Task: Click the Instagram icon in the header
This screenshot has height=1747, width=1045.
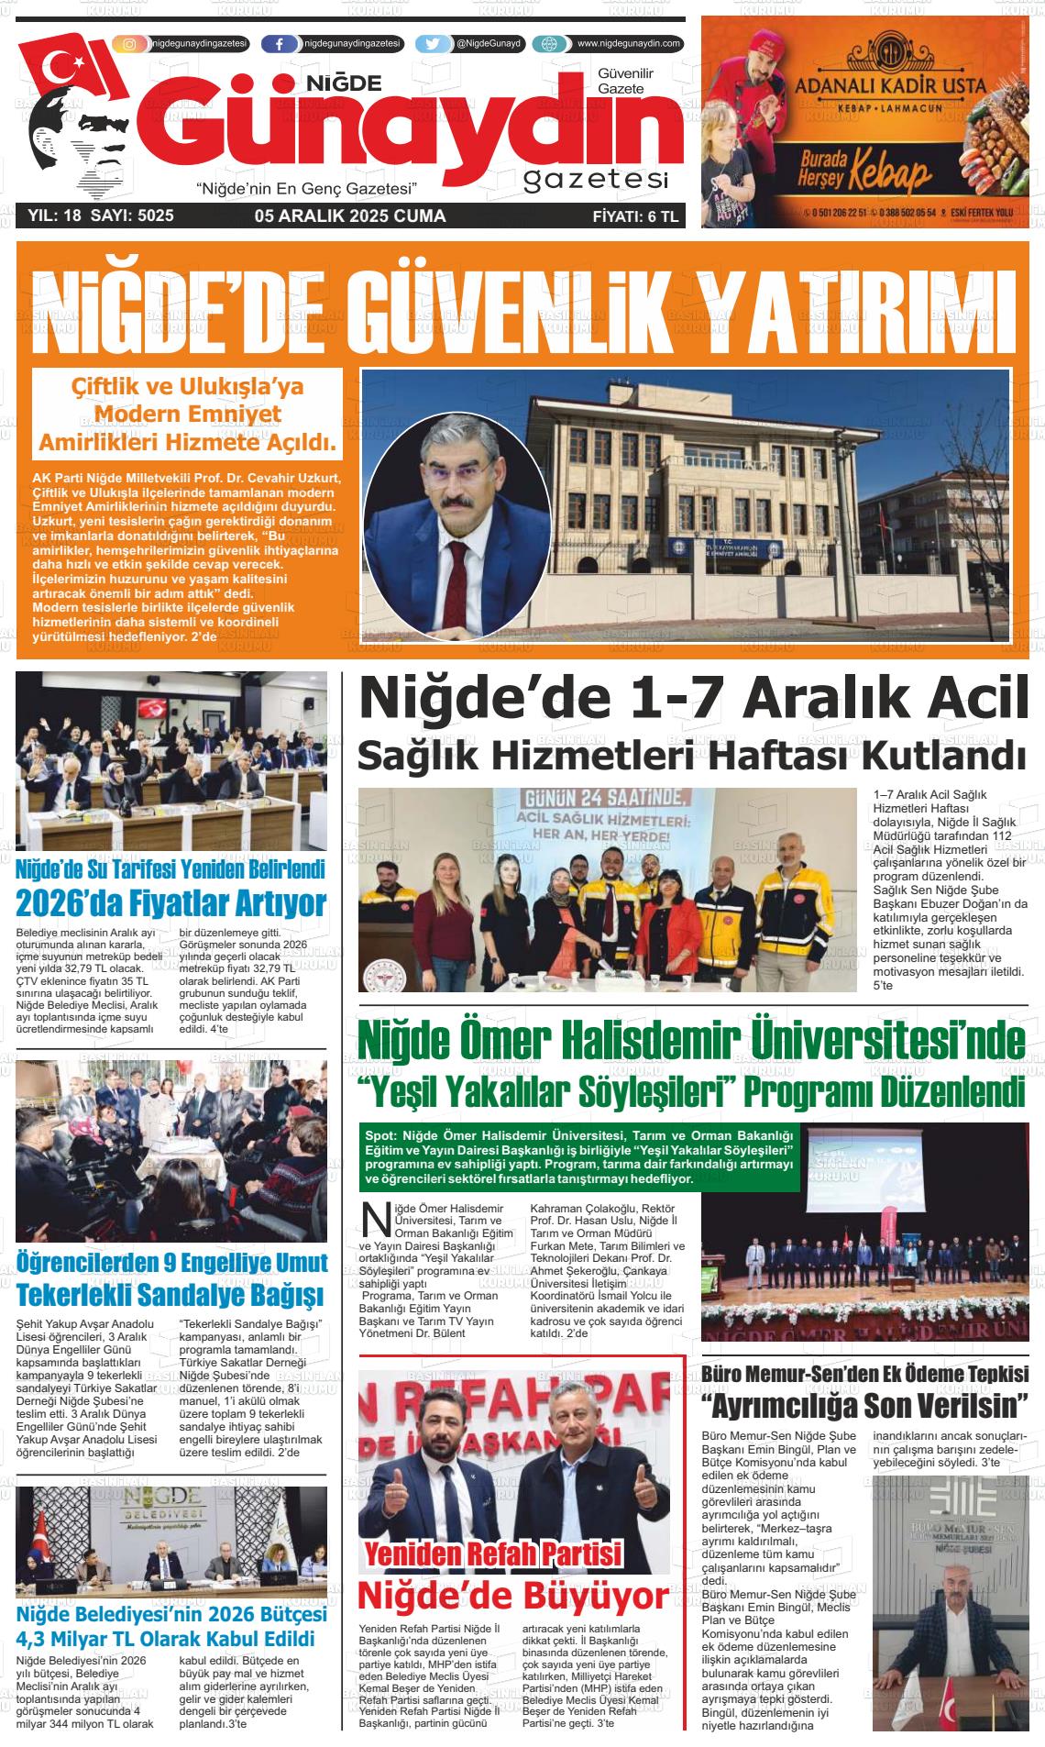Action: point(130,44)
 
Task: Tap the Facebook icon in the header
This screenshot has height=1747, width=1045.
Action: point(279,44)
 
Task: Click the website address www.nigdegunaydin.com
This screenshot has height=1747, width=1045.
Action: point(629,44)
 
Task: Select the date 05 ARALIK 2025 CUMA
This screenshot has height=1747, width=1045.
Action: point(350,216)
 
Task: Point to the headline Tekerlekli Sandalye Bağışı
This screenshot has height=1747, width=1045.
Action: point(171,1296)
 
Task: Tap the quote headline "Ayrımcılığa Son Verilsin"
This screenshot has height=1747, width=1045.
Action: point(864,1405)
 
